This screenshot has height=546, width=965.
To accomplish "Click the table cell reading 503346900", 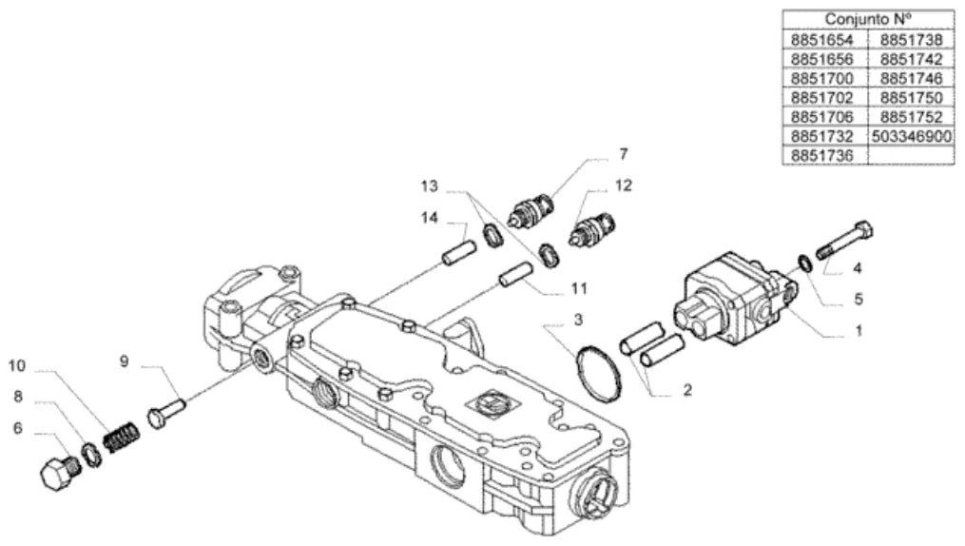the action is point(912,136).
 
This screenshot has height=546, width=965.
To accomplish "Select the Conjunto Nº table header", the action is point(868,19).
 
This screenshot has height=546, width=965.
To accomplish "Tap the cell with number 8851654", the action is point(822,40).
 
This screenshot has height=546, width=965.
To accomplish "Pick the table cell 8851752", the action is point(912,116).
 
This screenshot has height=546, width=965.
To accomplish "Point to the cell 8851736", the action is point(822,155).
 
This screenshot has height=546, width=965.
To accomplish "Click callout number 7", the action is point(624,154).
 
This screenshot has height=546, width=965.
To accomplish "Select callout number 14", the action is point(430,217).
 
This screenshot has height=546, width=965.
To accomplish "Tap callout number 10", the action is point(16,365).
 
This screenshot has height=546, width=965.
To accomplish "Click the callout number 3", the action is point(578,321).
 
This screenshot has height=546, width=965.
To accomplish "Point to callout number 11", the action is point(579,288).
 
